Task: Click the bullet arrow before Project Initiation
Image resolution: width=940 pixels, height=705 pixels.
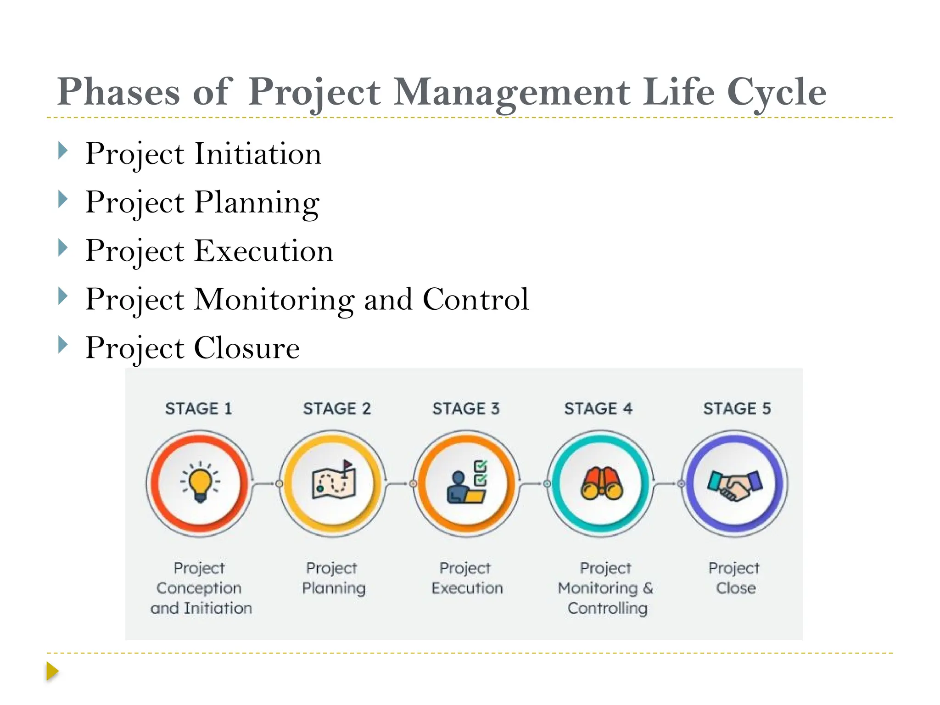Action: coord(63,151)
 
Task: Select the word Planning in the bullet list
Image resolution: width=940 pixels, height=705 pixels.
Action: coord(257,202)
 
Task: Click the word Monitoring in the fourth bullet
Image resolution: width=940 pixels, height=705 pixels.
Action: coord(274,300)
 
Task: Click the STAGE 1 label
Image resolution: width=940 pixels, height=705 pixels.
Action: coord(198,408)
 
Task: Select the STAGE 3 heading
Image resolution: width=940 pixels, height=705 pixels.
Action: coord(466,408)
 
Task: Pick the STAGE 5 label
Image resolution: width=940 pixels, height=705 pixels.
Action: coord(737,408)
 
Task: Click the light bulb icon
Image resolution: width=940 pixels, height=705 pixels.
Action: coord(200,482)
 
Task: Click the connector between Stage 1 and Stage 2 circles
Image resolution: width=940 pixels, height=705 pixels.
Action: coord(265,483)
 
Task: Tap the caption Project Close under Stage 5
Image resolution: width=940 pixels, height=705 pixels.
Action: coord(734,577)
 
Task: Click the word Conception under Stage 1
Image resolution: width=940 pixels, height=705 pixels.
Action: coord(199,588)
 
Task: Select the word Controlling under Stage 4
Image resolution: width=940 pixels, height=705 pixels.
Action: coord(607,608)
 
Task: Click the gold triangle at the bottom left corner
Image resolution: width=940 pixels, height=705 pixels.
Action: coord(52,671)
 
